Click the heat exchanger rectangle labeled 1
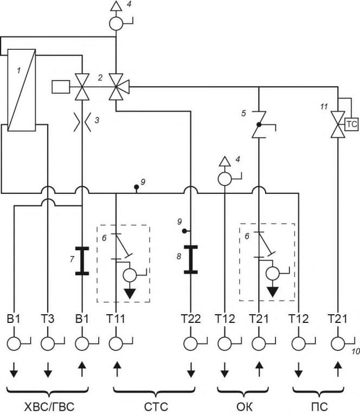coord(22,90)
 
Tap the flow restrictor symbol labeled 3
coord(82,122)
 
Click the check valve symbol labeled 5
coord(259,125)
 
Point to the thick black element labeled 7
coord(82,261)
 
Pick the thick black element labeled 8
coord(191,260)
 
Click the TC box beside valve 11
coord(351,125)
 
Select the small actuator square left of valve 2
coord(61,87)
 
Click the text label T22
coord(191,319)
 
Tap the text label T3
coord(48,319)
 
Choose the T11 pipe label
coord(116,319)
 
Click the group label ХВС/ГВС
coord(49,406)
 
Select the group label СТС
coord(156,406)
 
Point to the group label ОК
coord(244,406)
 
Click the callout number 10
coord(356,352)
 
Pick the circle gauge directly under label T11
coord(116,344)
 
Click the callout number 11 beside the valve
coord(324,107)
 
